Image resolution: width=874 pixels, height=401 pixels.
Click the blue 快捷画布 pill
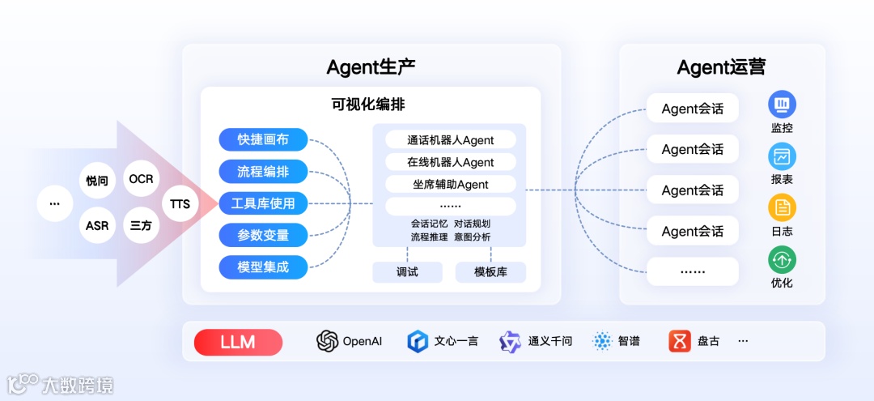pos(263,139)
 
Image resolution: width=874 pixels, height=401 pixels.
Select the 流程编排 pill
pos(263,171)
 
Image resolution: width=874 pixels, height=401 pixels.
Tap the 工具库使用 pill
pos(263,203)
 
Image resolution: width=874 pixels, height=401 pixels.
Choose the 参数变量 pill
pos(263,235)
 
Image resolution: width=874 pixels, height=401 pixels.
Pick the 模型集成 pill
pos(263,267)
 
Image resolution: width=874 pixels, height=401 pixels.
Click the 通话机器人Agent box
pos(450,140)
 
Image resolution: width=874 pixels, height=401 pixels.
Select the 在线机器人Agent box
pos(450,162)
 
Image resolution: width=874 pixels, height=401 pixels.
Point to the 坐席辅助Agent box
pos(450,184)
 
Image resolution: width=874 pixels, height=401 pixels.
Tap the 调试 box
pos(407,272)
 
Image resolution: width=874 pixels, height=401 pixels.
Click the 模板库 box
pos(490,272)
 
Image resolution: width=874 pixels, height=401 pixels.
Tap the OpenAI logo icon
pos(327,341)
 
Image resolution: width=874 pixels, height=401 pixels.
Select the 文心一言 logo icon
pos(417,341)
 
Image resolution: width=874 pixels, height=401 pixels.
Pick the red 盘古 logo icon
pos(680,341)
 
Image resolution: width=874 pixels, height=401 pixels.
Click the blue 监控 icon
pos(782,104)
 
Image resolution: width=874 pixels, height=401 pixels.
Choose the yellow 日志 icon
pos(782,207)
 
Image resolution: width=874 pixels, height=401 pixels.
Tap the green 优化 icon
pos(782,259)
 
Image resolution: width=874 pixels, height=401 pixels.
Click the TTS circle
pos(180,203)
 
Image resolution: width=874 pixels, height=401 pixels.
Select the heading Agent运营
pos(721,67)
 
